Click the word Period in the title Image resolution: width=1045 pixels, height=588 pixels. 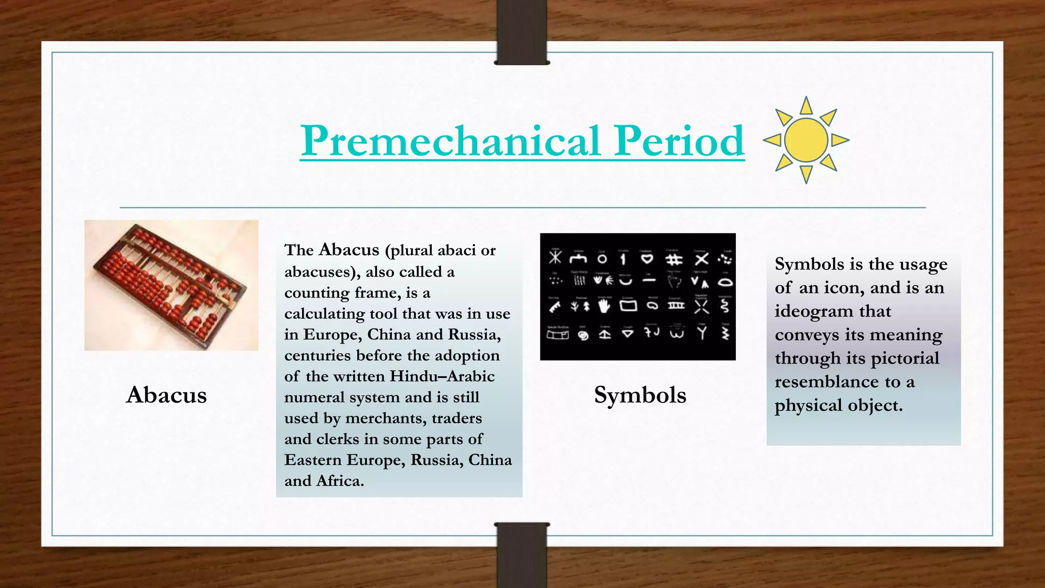679,141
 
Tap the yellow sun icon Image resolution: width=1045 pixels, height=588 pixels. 806,140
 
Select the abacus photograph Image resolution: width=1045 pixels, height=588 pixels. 171,285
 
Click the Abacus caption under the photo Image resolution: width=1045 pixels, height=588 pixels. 166,395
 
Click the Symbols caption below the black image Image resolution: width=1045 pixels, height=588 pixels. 640,395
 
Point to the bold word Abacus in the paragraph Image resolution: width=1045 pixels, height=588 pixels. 349,250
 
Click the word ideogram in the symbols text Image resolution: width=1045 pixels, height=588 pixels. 807,312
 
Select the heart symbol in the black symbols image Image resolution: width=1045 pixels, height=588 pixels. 647,259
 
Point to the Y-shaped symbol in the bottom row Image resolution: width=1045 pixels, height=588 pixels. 703,333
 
